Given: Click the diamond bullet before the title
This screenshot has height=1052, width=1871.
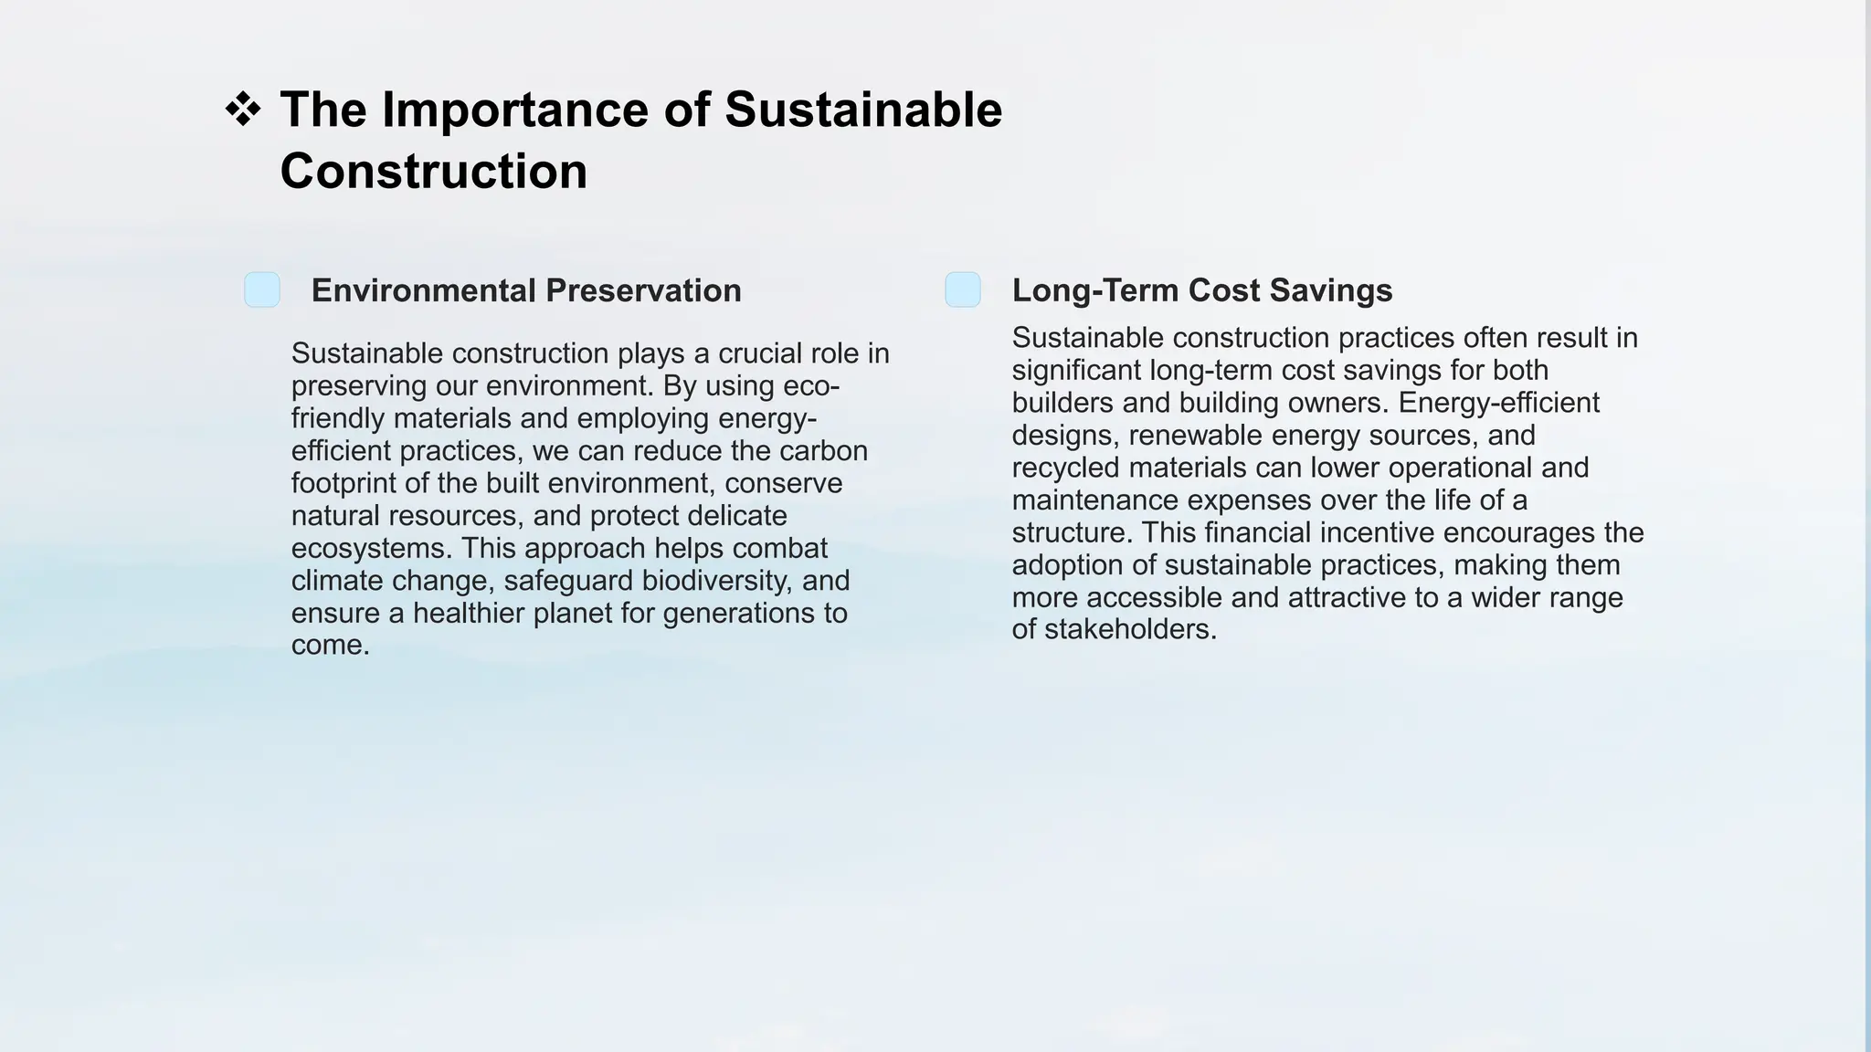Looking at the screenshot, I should (243, 110).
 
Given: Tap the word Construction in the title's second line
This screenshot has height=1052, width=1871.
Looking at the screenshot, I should (433, 171).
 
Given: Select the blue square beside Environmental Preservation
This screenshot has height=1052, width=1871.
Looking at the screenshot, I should (262, 289).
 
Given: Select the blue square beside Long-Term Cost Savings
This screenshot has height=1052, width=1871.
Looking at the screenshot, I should (963, 289).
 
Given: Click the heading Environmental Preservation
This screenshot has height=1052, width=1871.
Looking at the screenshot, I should (526, 290).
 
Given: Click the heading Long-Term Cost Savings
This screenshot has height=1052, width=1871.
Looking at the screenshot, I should (1201, 290).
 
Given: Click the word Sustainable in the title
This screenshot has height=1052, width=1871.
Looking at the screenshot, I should (862, 110).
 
